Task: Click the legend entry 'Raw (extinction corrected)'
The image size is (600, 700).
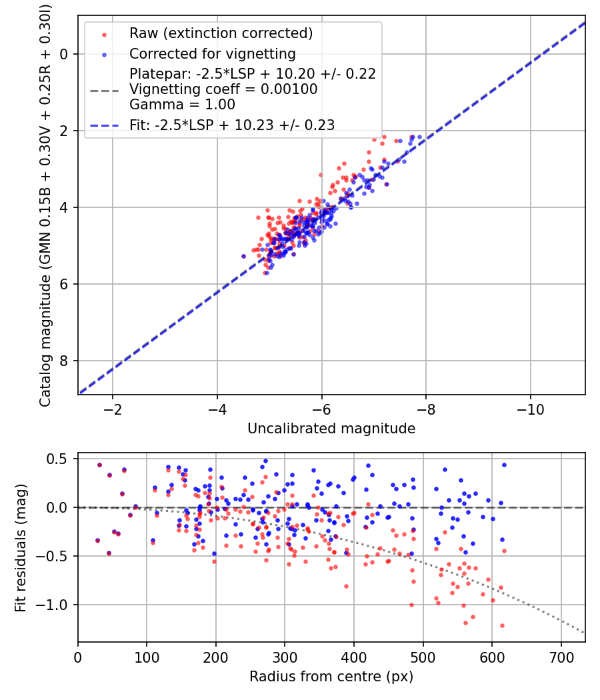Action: tap(221, 33)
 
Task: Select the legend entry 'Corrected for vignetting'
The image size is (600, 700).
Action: tap(212, 53)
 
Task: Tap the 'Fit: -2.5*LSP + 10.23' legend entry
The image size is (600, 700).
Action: tap(231, 125)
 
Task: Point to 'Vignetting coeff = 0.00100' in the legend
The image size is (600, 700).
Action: tap(223, 89)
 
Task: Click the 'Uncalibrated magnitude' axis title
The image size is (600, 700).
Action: tap(331, 429)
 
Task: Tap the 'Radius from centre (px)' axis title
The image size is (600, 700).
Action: tap(331, 677)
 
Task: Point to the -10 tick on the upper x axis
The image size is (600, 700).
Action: tap(531, 407)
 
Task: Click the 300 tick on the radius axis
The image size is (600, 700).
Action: tap(285, 656)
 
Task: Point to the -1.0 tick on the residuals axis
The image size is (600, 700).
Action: tap(55, 605)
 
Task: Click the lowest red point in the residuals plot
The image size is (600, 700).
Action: tap(502, 625)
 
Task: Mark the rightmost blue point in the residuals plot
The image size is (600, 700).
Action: tap(504, 465)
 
